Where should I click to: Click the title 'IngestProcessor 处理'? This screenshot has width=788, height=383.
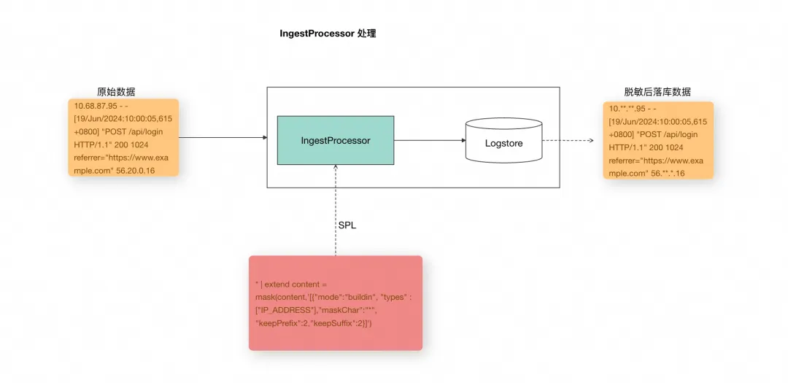coord(328,34)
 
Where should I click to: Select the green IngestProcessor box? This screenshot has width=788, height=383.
coord(336,140)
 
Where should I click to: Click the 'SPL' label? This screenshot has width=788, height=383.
coord(347,225)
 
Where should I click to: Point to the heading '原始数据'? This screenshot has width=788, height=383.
coord(116,92)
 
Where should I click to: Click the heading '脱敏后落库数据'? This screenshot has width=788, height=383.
coord(657,92)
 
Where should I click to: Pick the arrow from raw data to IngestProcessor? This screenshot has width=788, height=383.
coord(223,137)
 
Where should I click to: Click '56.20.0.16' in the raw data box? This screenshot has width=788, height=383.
coord(135,171)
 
